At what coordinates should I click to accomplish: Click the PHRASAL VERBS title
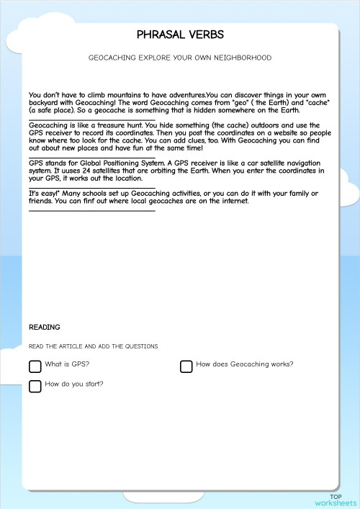coord(180,35)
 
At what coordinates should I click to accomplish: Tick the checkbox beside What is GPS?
coord(35,366)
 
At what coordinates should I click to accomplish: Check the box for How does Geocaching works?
coord(186,366)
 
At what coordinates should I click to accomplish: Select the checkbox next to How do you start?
coord(35,386)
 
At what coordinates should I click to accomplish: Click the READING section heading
coord(45,328)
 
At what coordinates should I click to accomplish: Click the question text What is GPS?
coord(67,365)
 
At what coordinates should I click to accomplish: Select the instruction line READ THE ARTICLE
coord(94,346)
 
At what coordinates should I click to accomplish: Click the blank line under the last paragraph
coord(92,210)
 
